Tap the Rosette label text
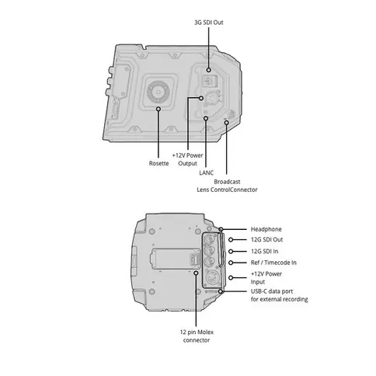click(158, 164)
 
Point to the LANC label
click(206, 172)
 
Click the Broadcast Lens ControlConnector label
click(227, 186)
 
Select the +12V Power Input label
click(266, 278)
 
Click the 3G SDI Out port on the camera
click(208, 80)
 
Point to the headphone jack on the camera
click(221, 229)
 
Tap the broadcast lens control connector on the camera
click(226, 121)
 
